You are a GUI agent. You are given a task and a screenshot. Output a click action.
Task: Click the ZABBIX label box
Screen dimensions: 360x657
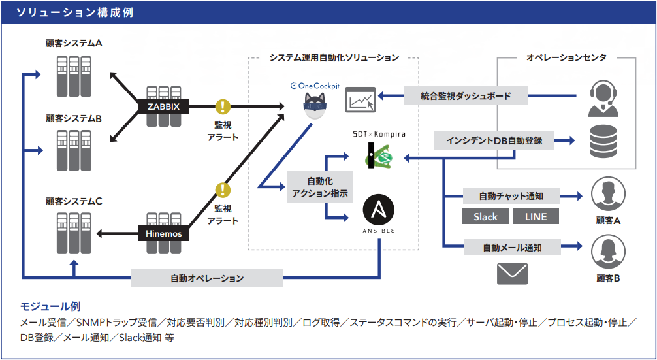click(x=163, y=106)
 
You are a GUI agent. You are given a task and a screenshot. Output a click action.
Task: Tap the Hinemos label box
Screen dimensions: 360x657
click(x=163, y=233)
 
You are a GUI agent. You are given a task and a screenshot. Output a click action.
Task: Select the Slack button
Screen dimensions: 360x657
click(x=485, y=216)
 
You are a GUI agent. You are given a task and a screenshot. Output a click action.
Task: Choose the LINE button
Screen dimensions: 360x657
click(x=535, y=216)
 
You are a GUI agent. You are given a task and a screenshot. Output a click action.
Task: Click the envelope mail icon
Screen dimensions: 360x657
click(x=512, y=273)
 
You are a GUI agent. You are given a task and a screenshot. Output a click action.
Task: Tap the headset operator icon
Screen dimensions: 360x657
click(x=604, y=99)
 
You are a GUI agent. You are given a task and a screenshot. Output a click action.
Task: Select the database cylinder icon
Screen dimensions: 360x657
click(x=604, y=141)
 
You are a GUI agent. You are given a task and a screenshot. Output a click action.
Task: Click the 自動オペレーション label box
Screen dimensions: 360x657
click(x=207, y=278)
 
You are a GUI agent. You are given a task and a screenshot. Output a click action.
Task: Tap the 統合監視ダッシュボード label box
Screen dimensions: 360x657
click(x=466, y=97)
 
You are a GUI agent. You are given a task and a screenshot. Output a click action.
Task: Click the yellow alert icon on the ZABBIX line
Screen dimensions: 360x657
click(x=223, y=106)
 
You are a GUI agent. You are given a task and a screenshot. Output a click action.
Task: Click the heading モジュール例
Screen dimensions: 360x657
click(x=50, y=306)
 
